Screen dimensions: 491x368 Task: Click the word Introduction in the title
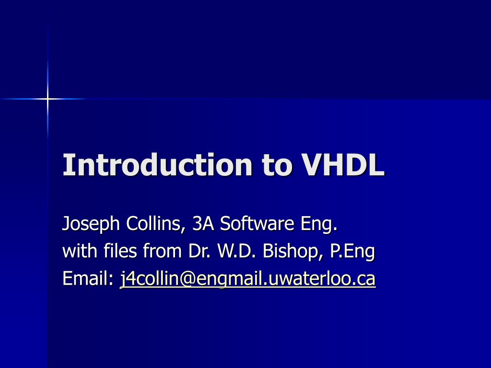click(157, 164)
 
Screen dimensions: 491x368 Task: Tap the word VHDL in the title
click(342, 165)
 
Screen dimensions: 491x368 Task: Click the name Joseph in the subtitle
click(91, 224)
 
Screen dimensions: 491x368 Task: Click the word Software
click(257, 223)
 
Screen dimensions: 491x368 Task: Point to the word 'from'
click(163, 251)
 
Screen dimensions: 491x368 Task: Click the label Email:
click(88, 278)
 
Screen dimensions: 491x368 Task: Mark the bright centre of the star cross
click(47, 99)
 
